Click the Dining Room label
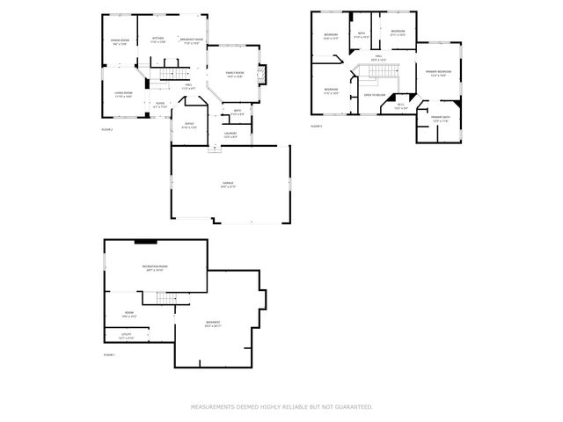pyautogui.click(x=120, y=41)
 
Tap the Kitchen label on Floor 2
pyautogui.click(x=157, y=39)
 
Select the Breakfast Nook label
pyautogui.click(x=192, y=40)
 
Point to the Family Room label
pyautogui.click(x=235, y=74)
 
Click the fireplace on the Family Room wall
pyautogui.click(x=269, y=74)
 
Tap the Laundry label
pyautogui.click(x=230, y=135)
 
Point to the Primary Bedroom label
pyautogui.click(x=438, y=72)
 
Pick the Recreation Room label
pyautogui.click(x=155, y=267)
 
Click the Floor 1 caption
pyautogui.click(x=109, y=354)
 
